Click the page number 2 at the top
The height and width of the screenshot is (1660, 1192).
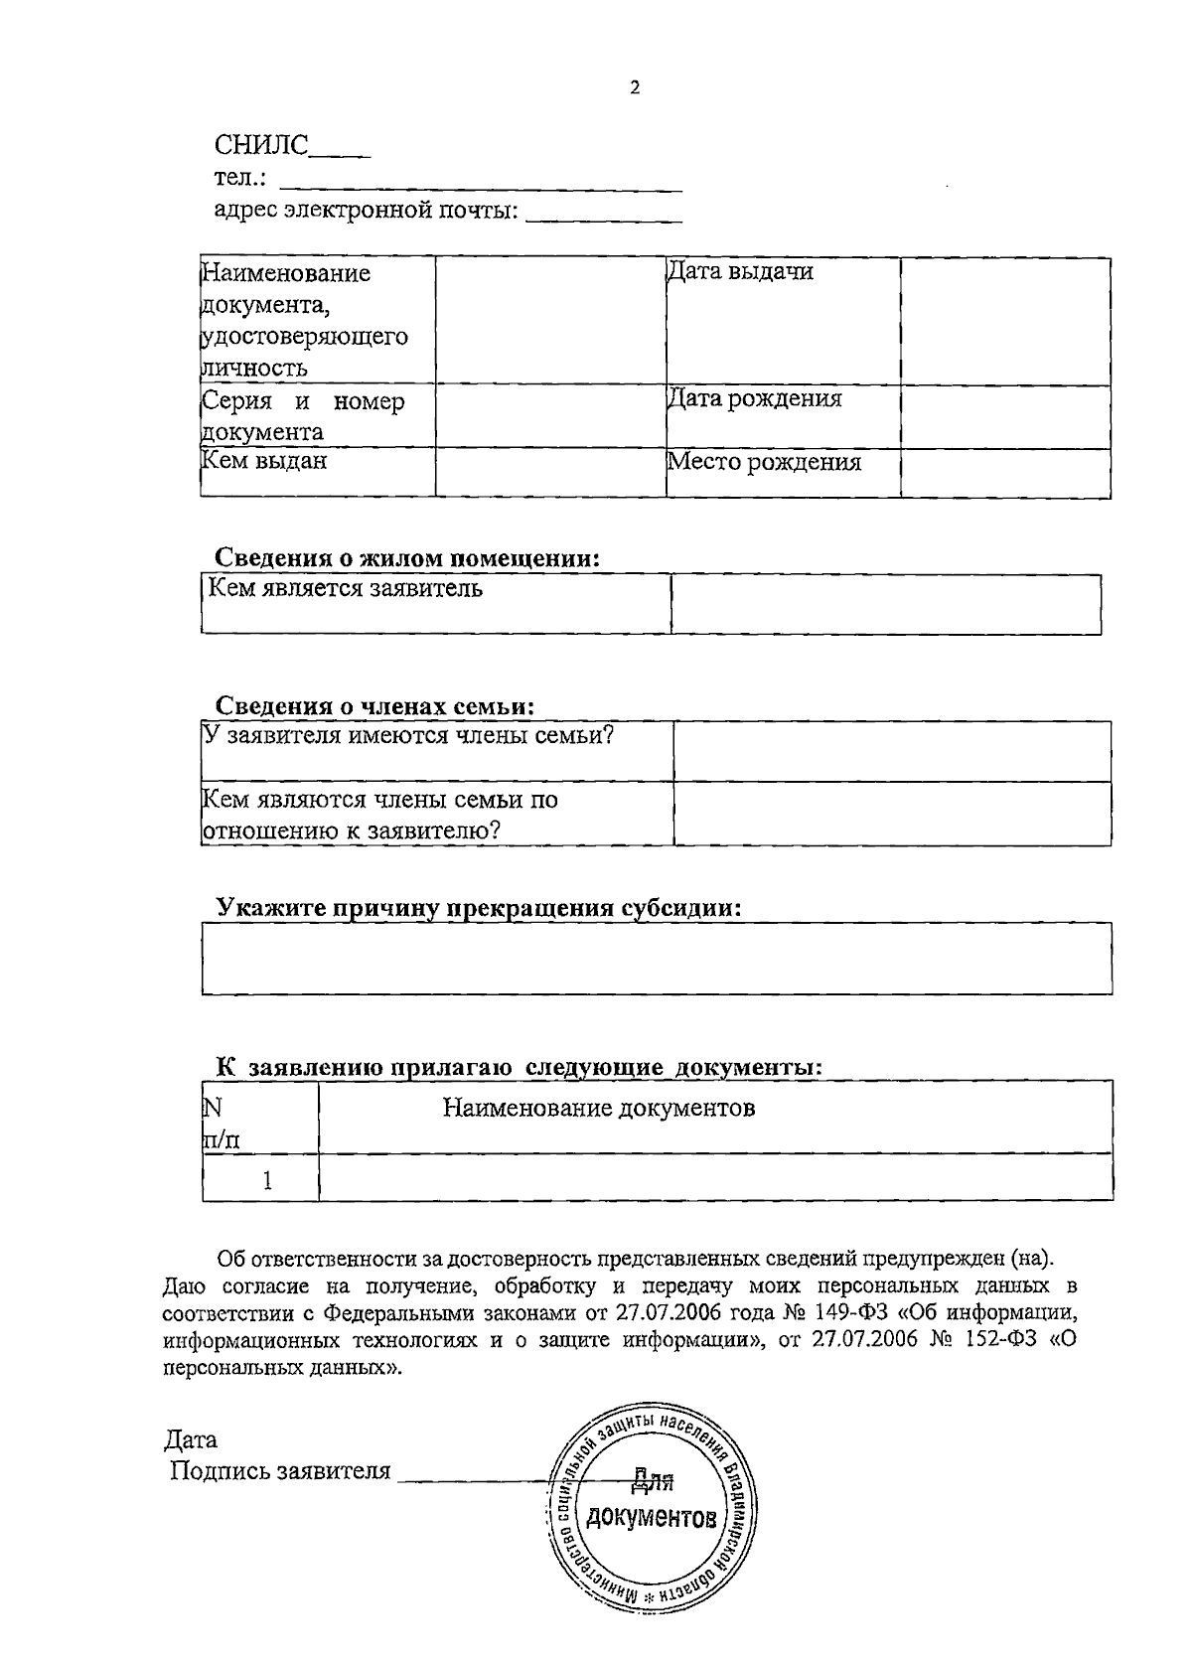(x=635, y=86)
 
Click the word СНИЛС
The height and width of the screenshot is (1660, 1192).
(x=261, y=145)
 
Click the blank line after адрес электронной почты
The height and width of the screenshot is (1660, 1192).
(x=603, y=214)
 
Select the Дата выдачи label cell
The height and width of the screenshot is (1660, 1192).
(x=740, y=272)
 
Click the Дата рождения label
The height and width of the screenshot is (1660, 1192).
(x=754, y=399)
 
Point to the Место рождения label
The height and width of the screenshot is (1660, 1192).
(x=764, y=463)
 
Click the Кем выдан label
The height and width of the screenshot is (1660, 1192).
(x=264, y=461)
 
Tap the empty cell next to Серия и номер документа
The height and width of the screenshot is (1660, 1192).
(x=549, y=417)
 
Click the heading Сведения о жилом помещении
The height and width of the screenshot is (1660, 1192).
(x=407, y=558)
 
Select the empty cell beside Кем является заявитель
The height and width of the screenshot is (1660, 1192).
(x=885, y=603)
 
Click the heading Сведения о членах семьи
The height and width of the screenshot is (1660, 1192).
(x=375, y=706)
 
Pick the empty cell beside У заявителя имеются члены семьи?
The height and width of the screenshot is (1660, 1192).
(x=891, y=751)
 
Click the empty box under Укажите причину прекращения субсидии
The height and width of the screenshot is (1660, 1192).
(x=657, y=959)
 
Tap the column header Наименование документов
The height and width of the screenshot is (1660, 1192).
(x=598, y=1108)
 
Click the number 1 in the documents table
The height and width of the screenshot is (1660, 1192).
(x=266, y=1180)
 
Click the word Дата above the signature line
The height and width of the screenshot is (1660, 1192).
(x=191, y=1439)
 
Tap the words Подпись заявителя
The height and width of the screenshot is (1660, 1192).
(x=280, y=1471)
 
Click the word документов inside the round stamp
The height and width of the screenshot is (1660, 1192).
(x=651, y=1518)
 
